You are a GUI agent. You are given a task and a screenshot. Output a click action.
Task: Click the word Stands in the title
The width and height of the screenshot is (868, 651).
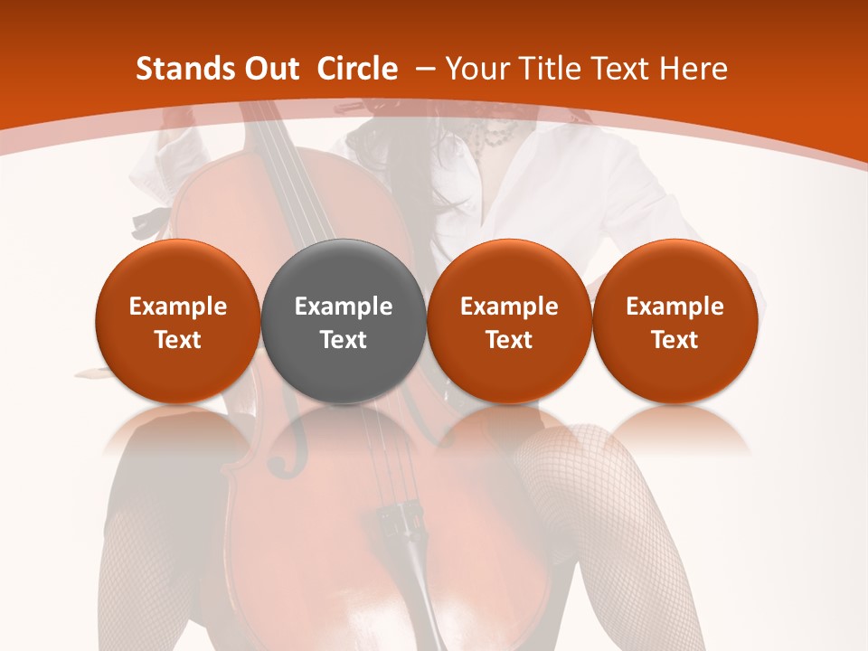tap(181, 69)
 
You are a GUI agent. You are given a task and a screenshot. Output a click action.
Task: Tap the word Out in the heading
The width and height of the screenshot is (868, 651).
tap(269, 69)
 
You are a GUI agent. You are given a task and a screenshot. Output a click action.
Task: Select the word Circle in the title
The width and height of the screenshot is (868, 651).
tap(357, 69)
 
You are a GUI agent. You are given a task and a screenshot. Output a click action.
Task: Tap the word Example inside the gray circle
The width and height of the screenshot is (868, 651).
tap(344, 307)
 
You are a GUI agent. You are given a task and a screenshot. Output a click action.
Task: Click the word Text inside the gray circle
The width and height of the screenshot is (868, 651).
tap(344, 340)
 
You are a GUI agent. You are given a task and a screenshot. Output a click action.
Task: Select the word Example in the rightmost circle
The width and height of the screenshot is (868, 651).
tap(675, 307)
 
